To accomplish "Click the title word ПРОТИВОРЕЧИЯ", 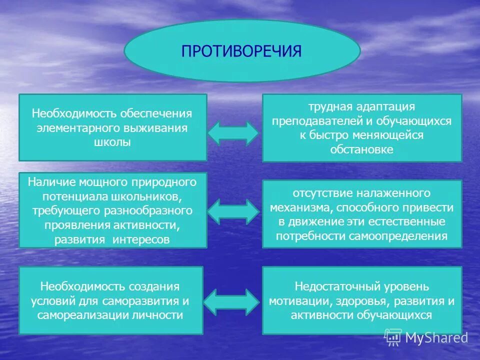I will (x=241, y=51).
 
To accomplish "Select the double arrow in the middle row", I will (x=233, y=210).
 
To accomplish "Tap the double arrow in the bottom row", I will (x=233, y=301).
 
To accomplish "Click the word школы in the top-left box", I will (x=112, y=142).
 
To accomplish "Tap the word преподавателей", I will (x=310, y=121).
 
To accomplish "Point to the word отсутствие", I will (x=322, y=192).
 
